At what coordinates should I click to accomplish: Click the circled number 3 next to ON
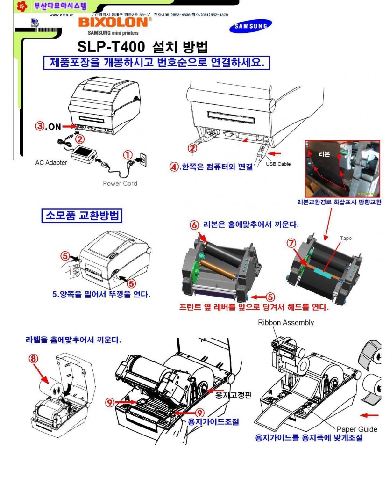[41, 126]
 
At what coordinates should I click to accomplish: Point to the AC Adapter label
[51, 163]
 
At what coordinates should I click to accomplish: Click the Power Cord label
[120, 183]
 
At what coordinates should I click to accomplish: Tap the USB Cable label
[278, 164]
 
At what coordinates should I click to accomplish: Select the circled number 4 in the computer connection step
[173, 167]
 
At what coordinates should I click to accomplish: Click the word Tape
[346, 239]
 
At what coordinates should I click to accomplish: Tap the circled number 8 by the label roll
[33, 359]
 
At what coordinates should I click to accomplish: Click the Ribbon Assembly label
[286, 322]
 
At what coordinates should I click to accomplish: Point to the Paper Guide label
[357, 429]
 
